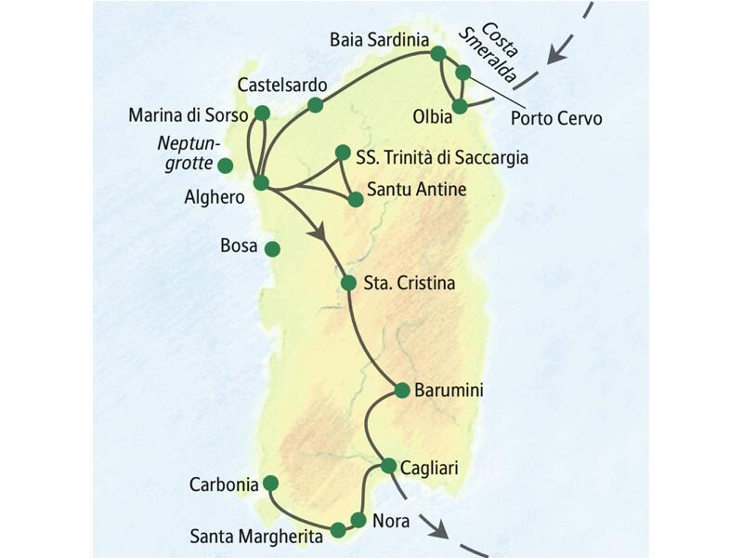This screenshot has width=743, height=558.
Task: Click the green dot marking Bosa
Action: click(x=272, y=248)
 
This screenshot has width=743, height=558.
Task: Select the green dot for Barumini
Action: click(x=402, y=391)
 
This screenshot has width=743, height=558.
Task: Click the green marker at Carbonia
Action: click(x=270, y=483)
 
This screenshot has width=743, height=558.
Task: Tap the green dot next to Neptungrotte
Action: click(x=225, y=166)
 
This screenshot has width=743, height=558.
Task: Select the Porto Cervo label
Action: click(x=557, y=119)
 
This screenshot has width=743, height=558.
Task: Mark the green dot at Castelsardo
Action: click(x=316, y=105)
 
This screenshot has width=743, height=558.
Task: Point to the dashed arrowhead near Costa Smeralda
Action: click(x=554, y=57)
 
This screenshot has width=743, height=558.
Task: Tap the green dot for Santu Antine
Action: click(x=355, y=198)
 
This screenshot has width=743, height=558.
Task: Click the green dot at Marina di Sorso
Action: click(x=261, y=113)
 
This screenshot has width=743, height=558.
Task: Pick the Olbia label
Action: click(x=432, y=117)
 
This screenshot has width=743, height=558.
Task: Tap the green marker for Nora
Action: click(x=358, y=520)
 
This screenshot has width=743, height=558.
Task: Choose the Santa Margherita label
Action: click(x=257, y=536)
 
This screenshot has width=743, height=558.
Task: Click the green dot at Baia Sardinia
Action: click(x=438, y=54)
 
